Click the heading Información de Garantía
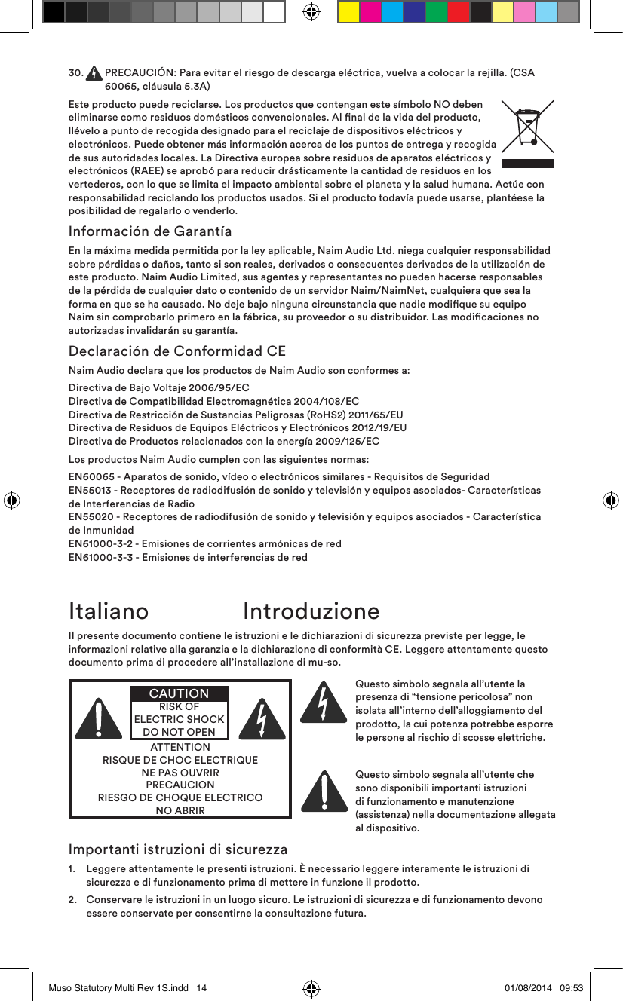(150, 231)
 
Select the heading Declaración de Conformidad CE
(176, 351)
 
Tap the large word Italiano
(109, 611)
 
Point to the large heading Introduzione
(311, 611)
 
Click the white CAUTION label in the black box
(180, 693)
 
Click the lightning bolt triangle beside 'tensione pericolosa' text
(324, 703)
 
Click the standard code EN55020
(93, 517)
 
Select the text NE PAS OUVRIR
(180, 773)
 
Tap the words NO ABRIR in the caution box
(180, 810)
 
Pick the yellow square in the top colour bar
(348, 11)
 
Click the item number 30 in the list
(75, 73)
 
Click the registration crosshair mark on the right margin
(611, 500)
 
